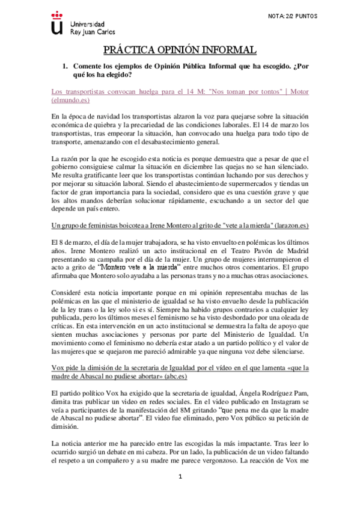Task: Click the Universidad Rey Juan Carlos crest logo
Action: coord(57,22)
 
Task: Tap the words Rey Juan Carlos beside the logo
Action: coord(93,32)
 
